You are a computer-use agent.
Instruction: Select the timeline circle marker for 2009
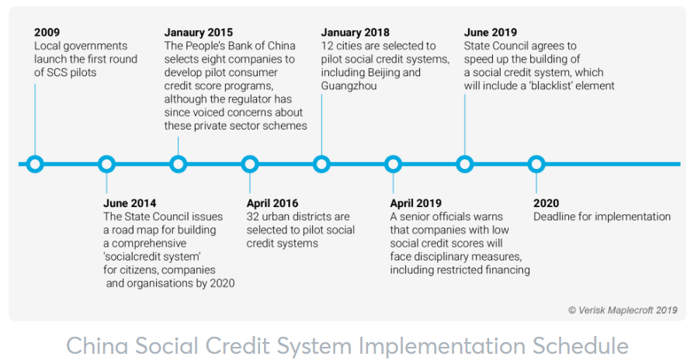click(35, 164)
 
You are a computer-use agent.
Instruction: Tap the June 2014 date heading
click(130, 204)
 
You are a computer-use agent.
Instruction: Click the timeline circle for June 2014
click(107, 164)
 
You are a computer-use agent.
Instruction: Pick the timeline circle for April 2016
click(250, 164)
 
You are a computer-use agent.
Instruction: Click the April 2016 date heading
click(272, 204)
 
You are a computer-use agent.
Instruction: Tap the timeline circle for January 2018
click(321, 164)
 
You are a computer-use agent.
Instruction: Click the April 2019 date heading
click(415, 204)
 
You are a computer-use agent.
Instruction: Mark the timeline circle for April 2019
click(394, 164)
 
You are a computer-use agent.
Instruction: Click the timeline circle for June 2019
click(465, 164)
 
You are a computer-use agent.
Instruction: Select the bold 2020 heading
click(546, 204)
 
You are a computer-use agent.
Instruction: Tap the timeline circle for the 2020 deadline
click(536, 164)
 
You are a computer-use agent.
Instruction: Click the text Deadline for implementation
click(602, 216)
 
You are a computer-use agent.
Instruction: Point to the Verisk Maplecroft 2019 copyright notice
click(622, 310)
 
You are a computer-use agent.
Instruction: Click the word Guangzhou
click(349, 85)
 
